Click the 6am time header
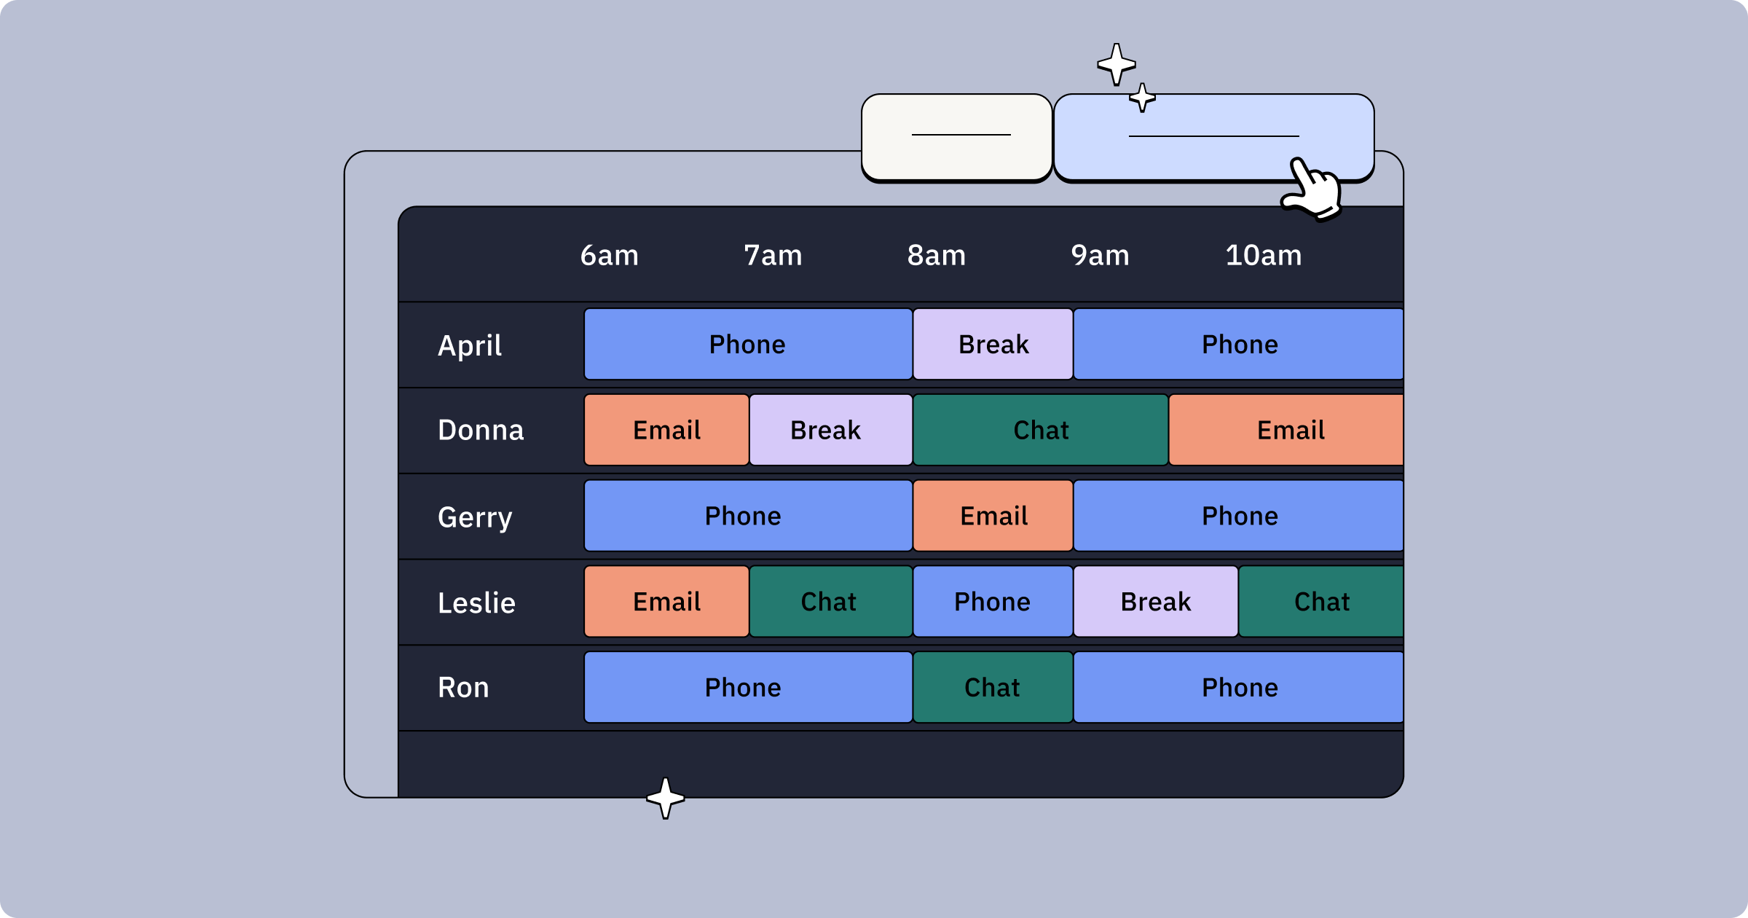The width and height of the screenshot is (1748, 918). [x=609, y=256]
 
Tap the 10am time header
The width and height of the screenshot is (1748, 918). [x=1263, y=256]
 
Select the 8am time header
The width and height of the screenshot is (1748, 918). [x=936, y=256]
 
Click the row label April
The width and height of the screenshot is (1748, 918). [x=470, y=345]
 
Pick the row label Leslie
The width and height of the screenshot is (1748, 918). [x=476, y=603]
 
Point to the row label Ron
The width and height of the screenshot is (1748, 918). [x=463, y=688]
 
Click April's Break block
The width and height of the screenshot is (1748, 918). [x=993, y=344]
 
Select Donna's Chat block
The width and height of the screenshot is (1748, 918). [x=1040, y=430]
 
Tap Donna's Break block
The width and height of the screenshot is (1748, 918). [x=830, y=430]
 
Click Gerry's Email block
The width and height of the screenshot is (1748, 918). [x=993, y=516]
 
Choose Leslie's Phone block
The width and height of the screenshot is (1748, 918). [x=992, y=602]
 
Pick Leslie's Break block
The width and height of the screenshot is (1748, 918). [x=1155, y=602]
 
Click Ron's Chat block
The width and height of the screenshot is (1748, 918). [x=992, y=688]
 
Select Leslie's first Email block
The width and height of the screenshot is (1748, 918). [x=666, y=602]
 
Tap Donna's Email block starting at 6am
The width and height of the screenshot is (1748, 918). [x=666, y=430]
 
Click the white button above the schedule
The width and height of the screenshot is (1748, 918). [x=956, y=136]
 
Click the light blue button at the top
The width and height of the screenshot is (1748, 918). [x=1213, y=136]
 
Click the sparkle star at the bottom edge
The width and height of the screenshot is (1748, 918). [x=665, y=798]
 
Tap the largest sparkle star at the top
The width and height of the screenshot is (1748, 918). [x=1116, y=64]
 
